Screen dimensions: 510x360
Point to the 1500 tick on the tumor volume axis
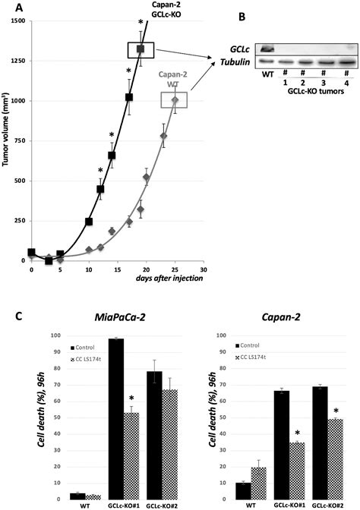pyautogui.click(x=17, y=20)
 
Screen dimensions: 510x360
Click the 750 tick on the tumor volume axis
pyautogui.click(x=19, y=140)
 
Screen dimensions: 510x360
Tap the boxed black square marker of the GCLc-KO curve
pyautogui.click(x=141, y=49)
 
